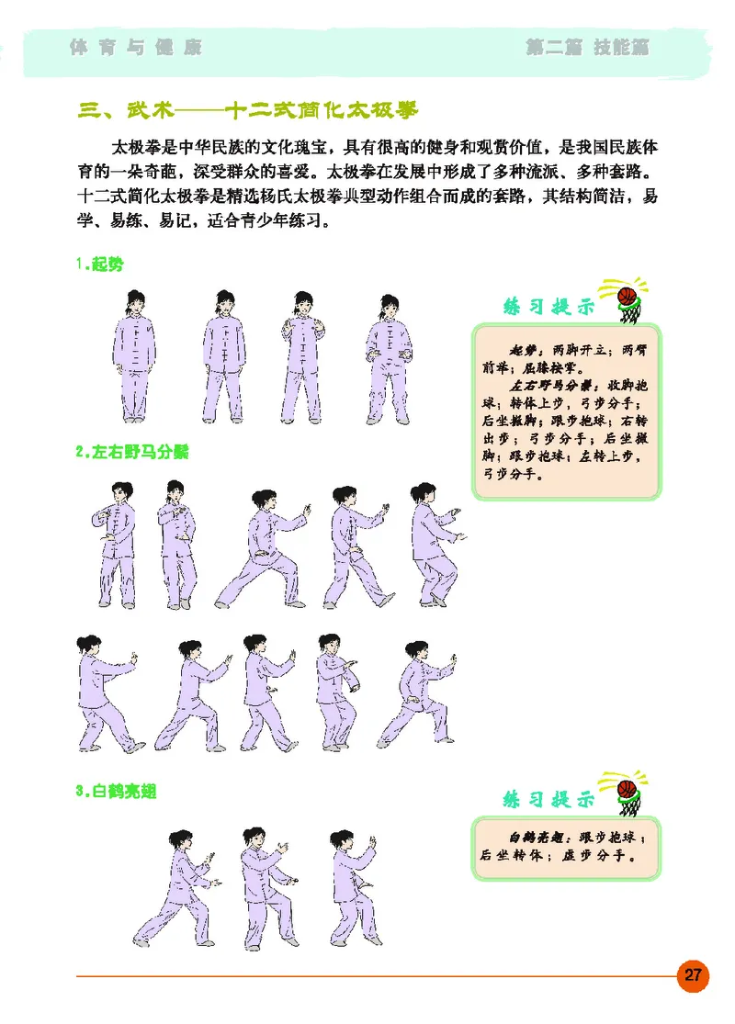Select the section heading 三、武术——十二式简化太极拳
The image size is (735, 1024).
(248, 111)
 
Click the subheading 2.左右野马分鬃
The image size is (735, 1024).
(132, 452)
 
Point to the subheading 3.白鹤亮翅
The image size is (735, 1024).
(117, 791)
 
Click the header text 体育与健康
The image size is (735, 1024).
(135, 47)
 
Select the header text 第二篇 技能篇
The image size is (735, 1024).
(587, 47)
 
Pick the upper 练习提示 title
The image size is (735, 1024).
(548, 306)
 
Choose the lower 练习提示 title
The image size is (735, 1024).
(548, 799)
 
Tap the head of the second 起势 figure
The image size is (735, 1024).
(225, 301)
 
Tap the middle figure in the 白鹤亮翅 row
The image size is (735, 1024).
(266, 886)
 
